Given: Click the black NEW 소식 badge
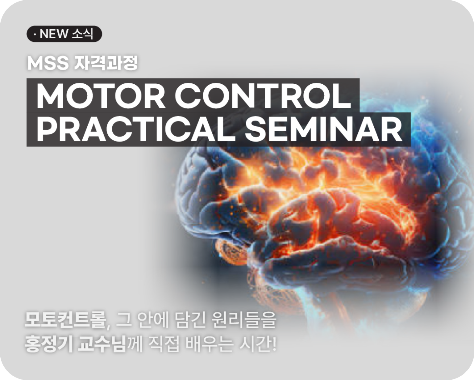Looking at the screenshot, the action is point(64,34).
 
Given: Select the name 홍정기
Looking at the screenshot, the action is point(48,344).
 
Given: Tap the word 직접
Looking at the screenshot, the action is point(164,344).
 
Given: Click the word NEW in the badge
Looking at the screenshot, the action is point(54,34).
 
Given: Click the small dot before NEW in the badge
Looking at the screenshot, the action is point(35,34).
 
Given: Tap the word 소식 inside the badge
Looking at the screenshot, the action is point(83,34).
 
